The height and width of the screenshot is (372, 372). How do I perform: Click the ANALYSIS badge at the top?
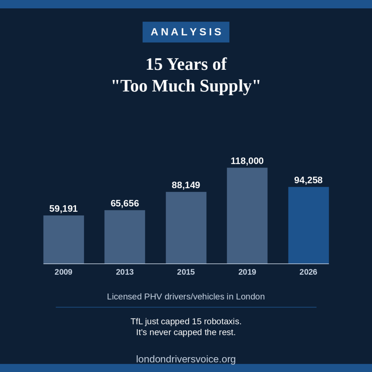point(186,32)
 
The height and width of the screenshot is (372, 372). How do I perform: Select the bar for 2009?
point(64,239)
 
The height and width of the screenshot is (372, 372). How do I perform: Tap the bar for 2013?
point(125,237)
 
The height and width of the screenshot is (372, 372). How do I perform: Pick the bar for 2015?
point(186,228)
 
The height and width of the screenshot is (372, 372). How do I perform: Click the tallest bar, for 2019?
point(247,216)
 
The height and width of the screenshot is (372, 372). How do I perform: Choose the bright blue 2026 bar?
point(308,225)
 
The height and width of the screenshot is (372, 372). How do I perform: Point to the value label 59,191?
point(63,209)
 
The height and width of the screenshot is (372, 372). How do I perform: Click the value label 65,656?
point(125,203)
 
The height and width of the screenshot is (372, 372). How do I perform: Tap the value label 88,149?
point(186,185)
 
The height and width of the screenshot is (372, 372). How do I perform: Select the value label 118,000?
point(247,161)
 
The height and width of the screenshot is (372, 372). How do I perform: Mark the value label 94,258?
point(308,180)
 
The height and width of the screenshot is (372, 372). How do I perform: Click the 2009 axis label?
point(63,272)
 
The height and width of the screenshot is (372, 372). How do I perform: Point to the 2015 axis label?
point(186,272)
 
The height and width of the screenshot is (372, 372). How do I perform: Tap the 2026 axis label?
point(308,272)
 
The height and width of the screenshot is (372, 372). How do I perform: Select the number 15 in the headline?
point(154,64)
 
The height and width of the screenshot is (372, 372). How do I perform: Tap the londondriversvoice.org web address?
point(186,359)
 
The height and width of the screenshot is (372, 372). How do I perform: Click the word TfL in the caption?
point(137,322)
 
